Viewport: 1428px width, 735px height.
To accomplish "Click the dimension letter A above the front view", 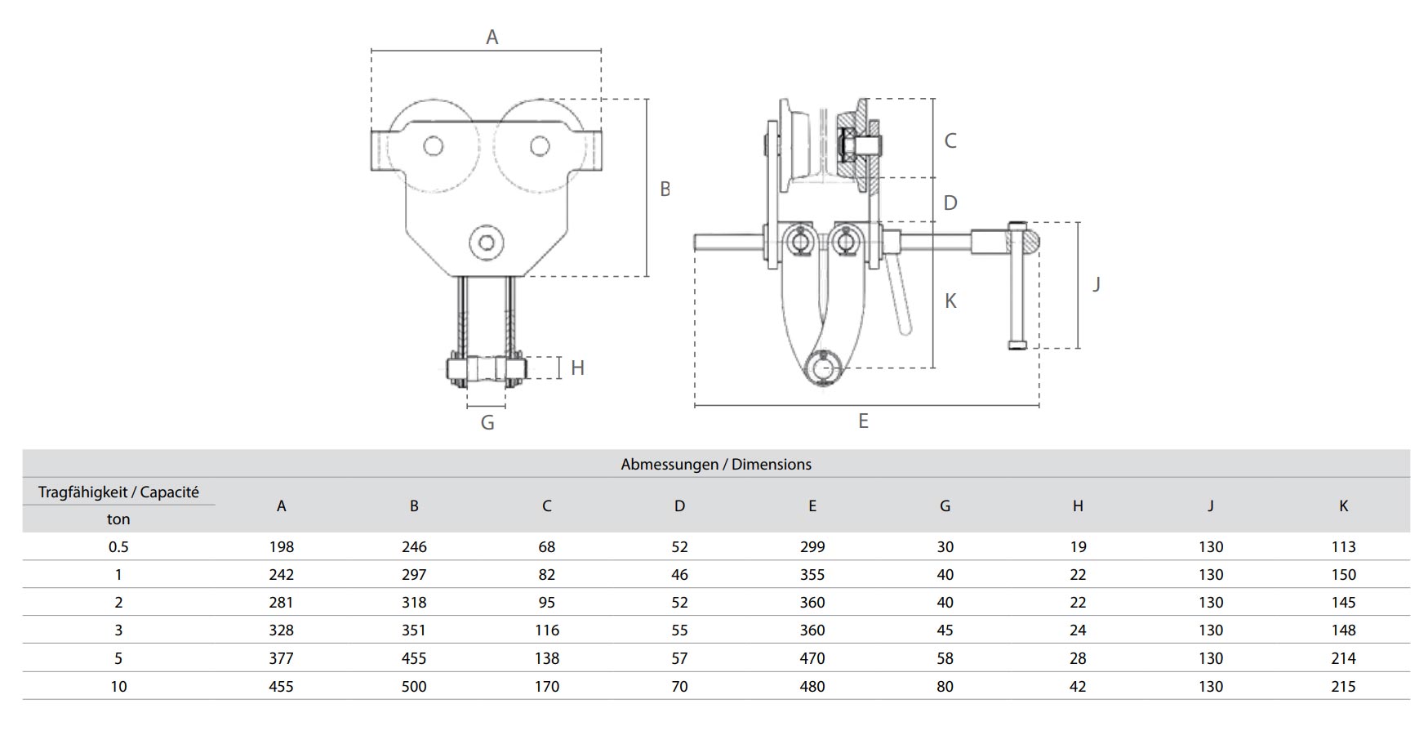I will pos(492,37).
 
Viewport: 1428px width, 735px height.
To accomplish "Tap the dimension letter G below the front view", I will pos(487,422).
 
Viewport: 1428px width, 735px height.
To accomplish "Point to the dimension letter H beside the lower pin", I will pos(577,368).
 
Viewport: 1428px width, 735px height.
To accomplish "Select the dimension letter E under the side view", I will pos(863,421).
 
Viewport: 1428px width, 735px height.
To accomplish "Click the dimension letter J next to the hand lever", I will pos(1097,284).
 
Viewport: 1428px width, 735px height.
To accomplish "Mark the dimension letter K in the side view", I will pos(950,301).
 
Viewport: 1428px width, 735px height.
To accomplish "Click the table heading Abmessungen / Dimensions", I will pos(716,465).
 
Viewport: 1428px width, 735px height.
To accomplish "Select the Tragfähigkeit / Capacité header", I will pos(118,492).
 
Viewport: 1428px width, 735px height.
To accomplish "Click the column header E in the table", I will pos(812,506).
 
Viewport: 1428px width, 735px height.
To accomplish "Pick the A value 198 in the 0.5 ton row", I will pos(281,547).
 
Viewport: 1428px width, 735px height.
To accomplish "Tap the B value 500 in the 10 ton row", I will pos(414,687).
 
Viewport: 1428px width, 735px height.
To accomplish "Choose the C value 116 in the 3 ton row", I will pos(546,630).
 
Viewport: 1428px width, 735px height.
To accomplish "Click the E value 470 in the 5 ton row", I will pos(812,658).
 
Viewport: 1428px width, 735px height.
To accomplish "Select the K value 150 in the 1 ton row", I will pos(1343,575).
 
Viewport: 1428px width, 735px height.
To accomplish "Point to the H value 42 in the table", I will pos(1078,687).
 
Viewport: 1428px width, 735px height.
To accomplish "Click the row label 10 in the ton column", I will pos(118,687).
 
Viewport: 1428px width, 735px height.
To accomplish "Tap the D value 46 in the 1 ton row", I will pos(679,575).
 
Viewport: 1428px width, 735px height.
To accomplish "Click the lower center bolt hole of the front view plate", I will pos(487,243).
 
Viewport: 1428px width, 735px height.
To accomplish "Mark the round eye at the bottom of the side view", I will pos(824,369).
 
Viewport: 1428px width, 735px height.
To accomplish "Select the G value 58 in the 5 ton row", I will pos(945,658).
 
